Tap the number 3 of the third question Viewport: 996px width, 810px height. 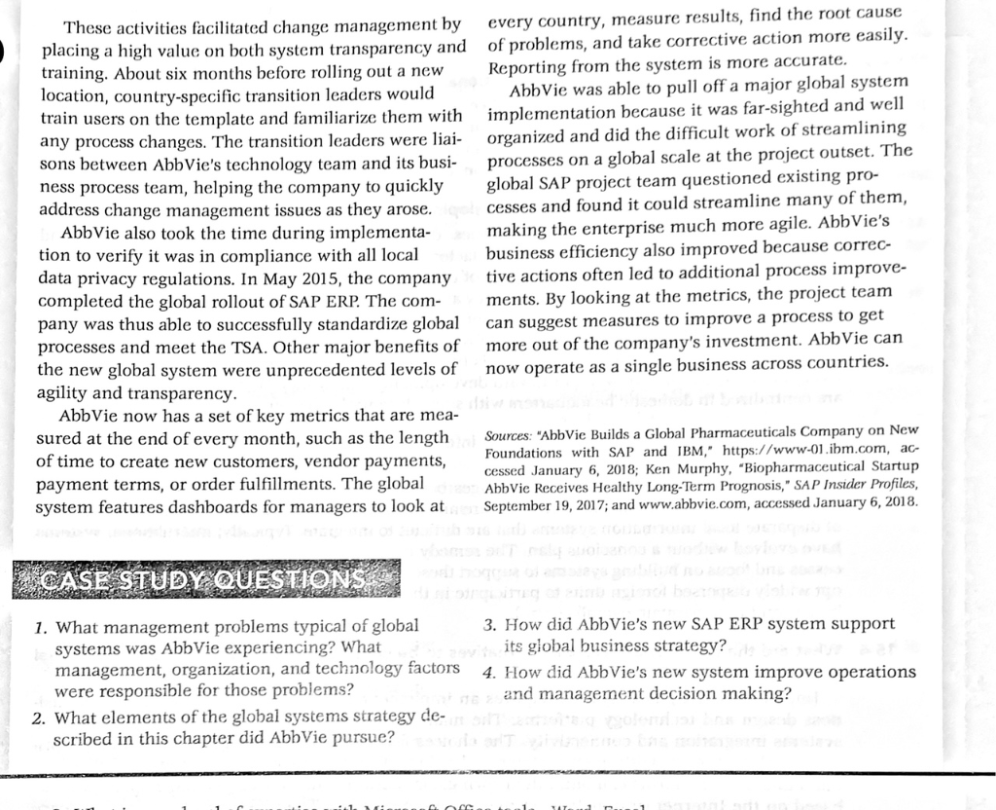tap(487, 624)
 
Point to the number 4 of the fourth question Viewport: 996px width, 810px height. tap(487, 672)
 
